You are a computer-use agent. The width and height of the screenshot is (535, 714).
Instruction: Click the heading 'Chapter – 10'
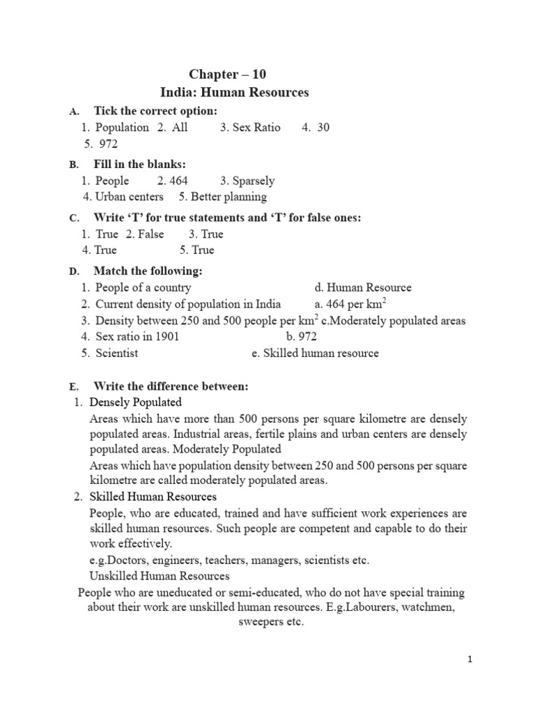228,74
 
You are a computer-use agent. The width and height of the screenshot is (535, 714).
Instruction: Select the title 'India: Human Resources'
234,92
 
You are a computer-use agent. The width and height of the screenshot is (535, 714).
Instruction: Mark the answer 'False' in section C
150,234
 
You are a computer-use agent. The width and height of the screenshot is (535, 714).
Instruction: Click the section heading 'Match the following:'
148,271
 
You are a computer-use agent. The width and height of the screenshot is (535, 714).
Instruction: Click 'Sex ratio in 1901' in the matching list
138,336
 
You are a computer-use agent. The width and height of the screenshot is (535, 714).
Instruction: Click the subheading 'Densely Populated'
136,402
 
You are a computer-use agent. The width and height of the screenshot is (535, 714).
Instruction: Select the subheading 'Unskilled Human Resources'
160,576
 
